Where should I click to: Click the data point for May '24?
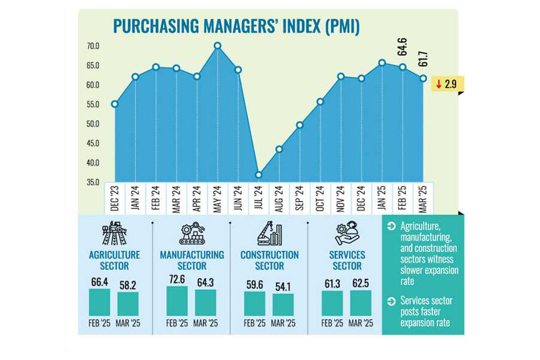218,46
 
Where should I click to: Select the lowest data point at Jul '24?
259,175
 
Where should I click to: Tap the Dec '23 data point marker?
115,104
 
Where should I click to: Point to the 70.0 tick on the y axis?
93,46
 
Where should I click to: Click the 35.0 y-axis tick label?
93,182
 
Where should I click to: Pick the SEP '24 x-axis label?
299,198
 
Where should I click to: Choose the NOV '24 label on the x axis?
341,198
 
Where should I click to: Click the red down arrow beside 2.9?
439,85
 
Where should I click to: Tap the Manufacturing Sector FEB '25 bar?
177,301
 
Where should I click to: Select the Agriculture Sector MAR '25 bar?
128,304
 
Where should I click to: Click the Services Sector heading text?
347,260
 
